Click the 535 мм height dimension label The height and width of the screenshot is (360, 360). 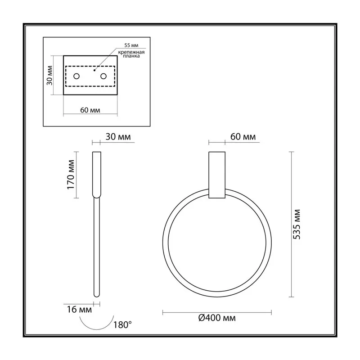297,224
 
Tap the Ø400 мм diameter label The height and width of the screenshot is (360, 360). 217,318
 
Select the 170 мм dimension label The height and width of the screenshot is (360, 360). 71,175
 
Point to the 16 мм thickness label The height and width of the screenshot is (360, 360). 79,310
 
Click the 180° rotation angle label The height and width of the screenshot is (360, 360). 122,325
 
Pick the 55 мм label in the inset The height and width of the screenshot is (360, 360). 131,45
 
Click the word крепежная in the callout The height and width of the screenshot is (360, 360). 131,52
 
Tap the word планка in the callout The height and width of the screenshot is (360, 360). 131,56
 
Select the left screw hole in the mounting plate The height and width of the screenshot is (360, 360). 76,76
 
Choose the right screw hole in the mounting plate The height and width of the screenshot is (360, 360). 103,76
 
